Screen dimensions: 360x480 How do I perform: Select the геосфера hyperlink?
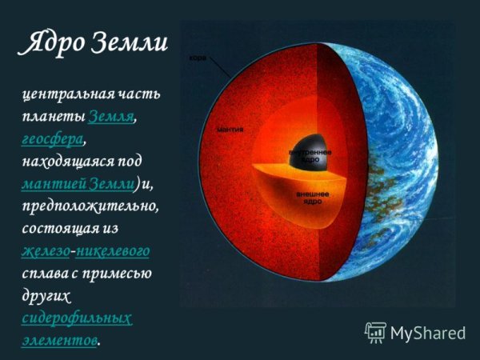click(x=52, y=139)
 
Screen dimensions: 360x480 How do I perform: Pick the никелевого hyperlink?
click(x=113, y=252)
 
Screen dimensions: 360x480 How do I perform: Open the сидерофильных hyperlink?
click(x=78, y=318)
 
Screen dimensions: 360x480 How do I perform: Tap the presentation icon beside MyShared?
click(x=374, y=332)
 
